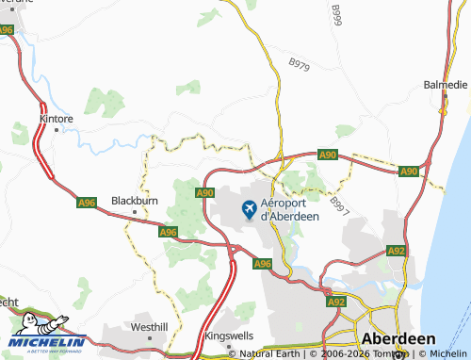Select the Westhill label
(150, 326)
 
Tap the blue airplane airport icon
(250, 209)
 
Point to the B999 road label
(336, 15)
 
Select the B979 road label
(300, 65)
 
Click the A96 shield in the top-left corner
(8, 30)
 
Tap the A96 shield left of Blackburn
(87, 202)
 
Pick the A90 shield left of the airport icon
(206, 192)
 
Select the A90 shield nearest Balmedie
(408, 172)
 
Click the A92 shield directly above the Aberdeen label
(335, 302)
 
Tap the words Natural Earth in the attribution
(271, 354)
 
